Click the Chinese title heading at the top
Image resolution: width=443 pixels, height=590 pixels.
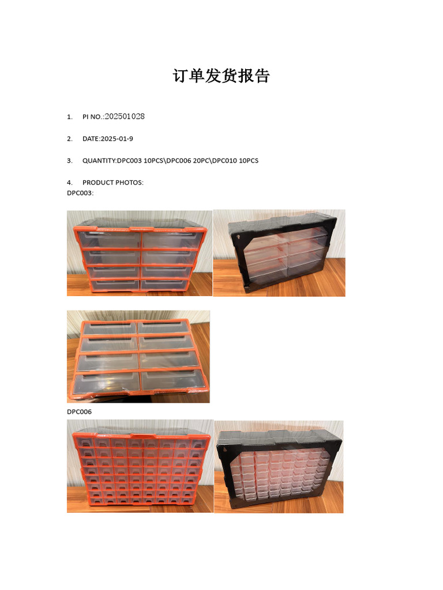point(221,75)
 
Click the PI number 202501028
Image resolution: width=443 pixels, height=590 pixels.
point(125,116)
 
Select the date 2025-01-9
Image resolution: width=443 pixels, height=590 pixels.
point(117,139)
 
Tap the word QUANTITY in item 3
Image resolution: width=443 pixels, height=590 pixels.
point(99,161)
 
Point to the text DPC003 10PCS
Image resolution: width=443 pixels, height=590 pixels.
point(140,161)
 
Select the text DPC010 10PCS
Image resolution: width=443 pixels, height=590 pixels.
point(235,161)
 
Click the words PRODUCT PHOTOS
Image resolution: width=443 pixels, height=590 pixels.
point(112,183)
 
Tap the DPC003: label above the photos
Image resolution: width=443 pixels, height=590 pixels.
point(80,193)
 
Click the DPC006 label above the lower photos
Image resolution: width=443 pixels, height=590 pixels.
point(79,411)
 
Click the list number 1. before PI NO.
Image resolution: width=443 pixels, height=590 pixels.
point(70,117)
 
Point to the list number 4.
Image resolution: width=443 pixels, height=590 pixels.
point(70,183)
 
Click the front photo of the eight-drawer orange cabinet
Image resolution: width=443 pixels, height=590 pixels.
point(140,254)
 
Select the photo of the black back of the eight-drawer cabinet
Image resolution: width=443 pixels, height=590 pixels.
point(279,253)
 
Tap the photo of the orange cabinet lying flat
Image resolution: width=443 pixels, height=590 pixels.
point(138,357)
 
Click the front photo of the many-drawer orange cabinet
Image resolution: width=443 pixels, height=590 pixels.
point(140,466)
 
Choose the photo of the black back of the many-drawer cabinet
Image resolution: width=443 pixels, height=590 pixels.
point(279,467)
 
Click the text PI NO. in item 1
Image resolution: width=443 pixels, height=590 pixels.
point(92,117)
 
